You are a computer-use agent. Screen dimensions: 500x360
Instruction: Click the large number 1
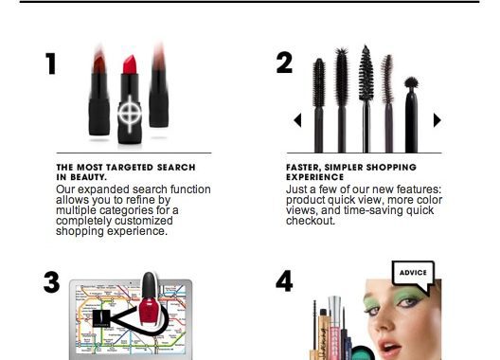(x=51, y=63)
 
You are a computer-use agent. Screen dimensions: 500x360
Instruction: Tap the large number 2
(x=284, y=63)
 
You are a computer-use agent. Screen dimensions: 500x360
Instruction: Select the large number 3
(x=52, y=282)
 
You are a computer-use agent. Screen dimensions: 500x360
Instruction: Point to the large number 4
(x=284, y=281)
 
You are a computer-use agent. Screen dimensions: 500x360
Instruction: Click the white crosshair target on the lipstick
(x=130, y=114)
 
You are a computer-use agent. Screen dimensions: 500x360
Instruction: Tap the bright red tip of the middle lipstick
(x=130, y=64)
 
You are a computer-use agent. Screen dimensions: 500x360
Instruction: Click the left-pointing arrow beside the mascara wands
(x=297, y=120)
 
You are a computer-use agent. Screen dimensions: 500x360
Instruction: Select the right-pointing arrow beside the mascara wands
(x=437, y=120)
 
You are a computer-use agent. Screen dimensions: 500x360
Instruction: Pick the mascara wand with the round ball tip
(x=411, y=115)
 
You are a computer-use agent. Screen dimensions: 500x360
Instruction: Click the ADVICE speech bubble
(x=413, y=273)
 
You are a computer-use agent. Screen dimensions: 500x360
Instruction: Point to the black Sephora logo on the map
(x=101, y=318)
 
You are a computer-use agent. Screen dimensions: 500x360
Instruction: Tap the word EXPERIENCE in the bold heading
(x=315, y=177)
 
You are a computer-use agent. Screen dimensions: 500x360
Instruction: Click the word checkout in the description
(x=311, y=221)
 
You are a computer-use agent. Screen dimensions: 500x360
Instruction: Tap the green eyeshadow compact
(x=364, y=353)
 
